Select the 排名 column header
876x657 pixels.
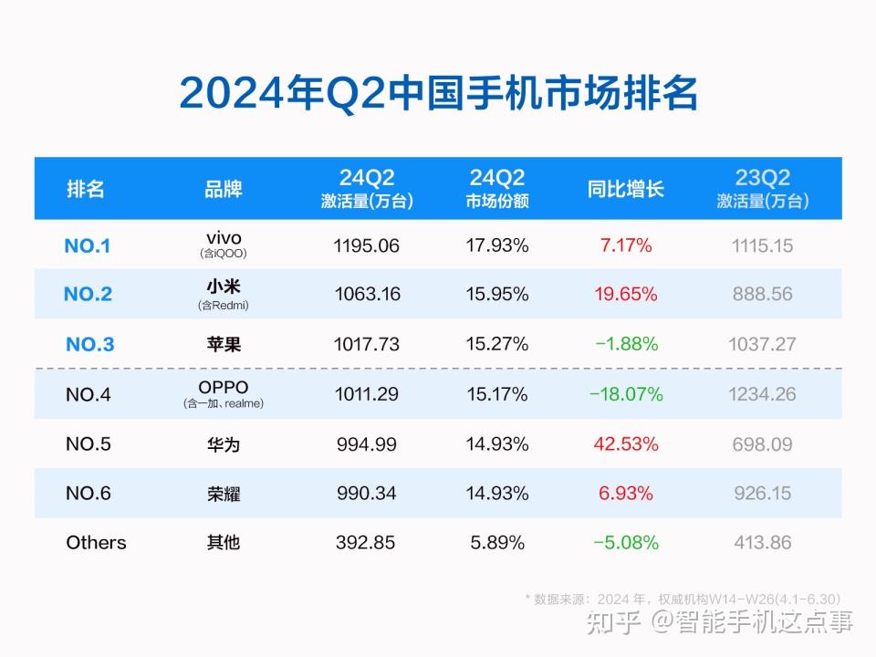coord(86,189)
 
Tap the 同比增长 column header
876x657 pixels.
coord(626,189)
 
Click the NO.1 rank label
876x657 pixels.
coord(88,245)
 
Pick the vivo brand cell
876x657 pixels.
coord(224,239)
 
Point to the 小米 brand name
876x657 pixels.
coord(224,287)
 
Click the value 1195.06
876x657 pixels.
coord(366,245)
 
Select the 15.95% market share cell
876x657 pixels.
coord(497,294)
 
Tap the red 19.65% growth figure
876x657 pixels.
coord(626,294)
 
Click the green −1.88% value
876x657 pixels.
coord(626,344)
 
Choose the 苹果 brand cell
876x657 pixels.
coord(224,344)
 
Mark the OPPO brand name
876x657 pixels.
coord(224,388)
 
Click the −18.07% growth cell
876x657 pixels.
coord(626,394)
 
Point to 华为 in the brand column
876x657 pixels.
coord(224,444)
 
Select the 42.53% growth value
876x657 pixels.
coord(626,444)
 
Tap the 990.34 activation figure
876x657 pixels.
coord(366,494)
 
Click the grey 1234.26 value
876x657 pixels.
coord(763,394)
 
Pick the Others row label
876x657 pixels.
coord(96,542)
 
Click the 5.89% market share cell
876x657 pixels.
coord(497,542)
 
